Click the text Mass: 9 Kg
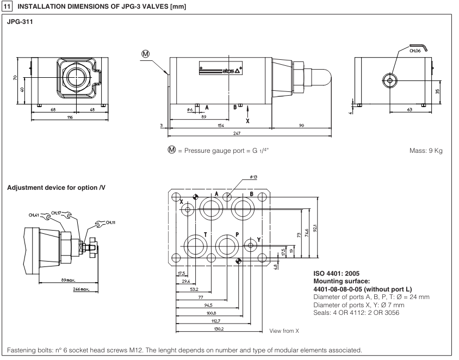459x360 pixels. point(427,151)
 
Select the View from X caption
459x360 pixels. point(284,330)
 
